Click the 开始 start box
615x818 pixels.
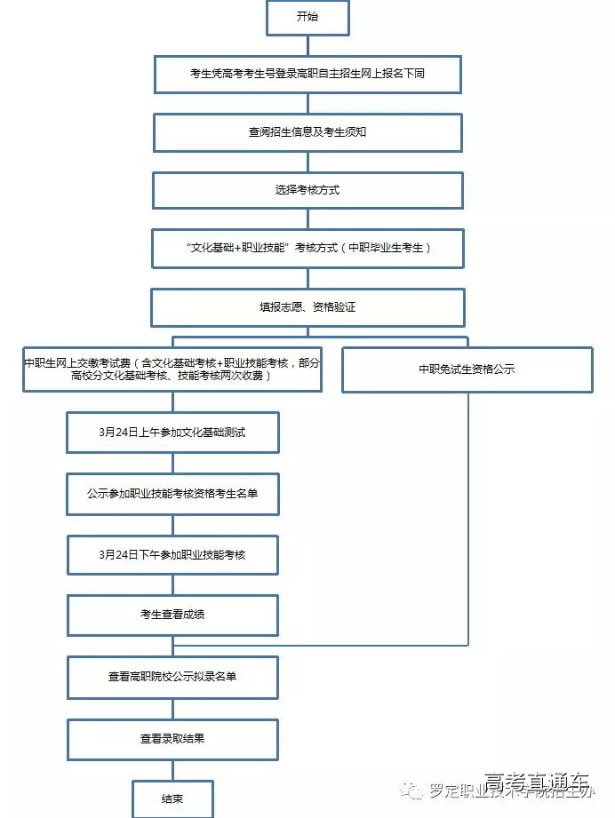(x=307, y=18)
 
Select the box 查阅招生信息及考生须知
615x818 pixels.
(x=307, y=132)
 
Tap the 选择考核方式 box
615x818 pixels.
(x=307, y=190)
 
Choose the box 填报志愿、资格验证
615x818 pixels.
(x=307, y=307)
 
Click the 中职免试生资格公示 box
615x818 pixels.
(x=467, y=369)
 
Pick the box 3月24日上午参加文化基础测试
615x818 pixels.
(x=172, y=433)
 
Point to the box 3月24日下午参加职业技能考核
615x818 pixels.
(x=172, y=554)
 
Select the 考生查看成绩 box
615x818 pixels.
(x=172, y=615)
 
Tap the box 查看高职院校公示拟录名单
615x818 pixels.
(x=172, y=677)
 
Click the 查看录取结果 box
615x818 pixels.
(x=172, y=738)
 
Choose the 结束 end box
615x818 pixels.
(x=172, y=798)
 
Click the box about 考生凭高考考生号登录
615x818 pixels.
(x=307, y=74)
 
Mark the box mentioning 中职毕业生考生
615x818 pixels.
(x=307, y=249)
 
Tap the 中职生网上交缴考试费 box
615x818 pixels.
(x=172, y=369)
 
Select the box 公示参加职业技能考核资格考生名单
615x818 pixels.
(x=172, y=494)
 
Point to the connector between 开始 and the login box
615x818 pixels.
(x=307, y=45)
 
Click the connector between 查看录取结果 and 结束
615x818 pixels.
(x=172, y=770)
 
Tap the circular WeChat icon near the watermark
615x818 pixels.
(x=411, y=790)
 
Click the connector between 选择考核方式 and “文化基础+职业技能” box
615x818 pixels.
(x=307, y=218)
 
